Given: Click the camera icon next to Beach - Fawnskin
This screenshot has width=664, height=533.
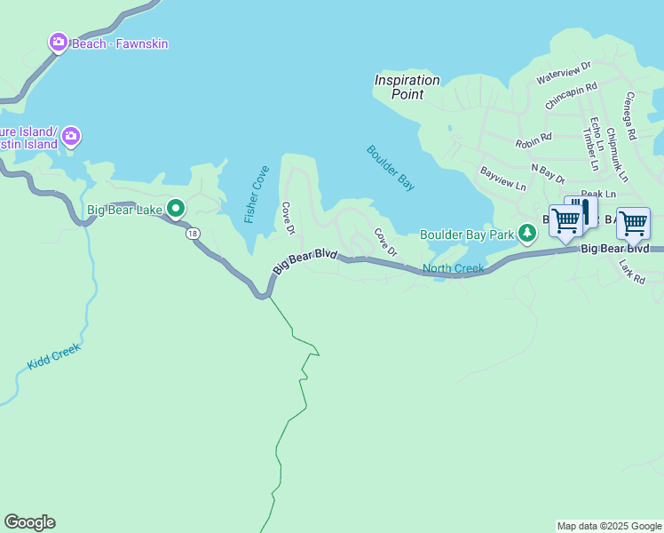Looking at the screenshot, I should [59, 43].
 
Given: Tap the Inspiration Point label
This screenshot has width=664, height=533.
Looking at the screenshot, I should [407, 86].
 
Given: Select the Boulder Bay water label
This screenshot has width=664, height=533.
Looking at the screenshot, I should [391, 168].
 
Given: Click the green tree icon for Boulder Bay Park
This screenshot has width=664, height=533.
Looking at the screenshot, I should [528, 234].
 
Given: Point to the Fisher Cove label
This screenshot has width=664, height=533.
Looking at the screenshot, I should [257, 195].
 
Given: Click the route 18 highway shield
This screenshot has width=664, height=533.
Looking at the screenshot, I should [192, 234].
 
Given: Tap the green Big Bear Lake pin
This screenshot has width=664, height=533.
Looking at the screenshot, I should [176, 210].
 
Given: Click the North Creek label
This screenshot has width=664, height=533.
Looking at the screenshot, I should [453, 268].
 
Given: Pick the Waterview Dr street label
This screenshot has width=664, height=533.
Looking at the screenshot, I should [564, 73].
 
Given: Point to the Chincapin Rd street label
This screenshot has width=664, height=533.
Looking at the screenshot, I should [571, 96].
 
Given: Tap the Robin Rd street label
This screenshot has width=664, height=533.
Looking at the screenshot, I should [534, 139].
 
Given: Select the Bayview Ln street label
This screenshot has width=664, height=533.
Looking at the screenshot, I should [503, 179].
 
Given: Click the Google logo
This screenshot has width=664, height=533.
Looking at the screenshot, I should [29, 522].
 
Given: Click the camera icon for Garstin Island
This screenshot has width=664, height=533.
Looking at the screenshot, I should [71, 137].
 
